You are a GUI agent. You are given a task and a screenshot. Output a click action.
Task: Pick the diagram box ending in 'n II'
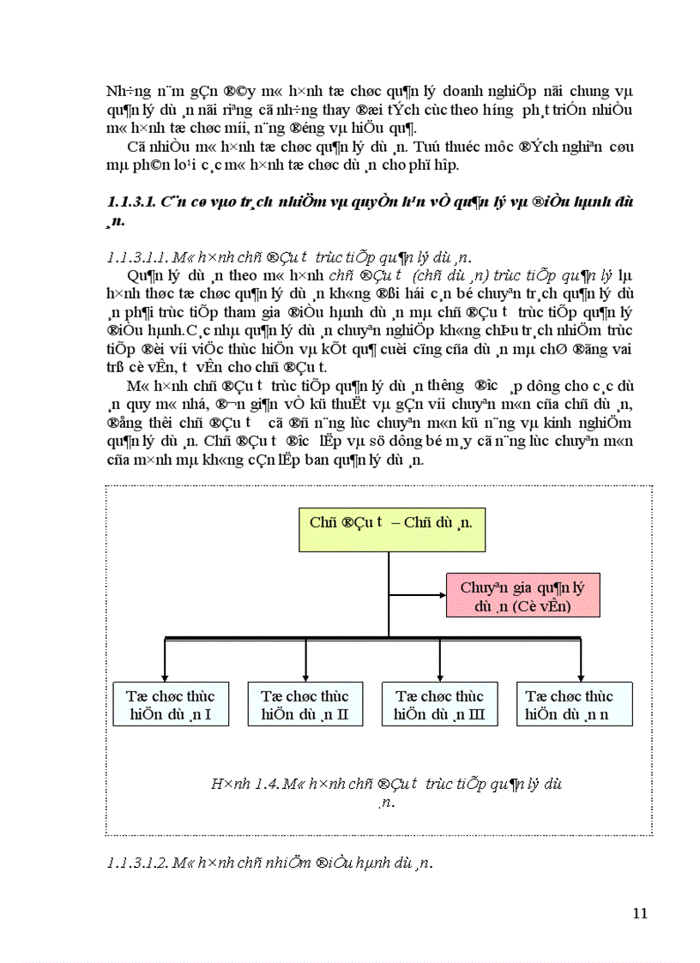click(x=305, y=705)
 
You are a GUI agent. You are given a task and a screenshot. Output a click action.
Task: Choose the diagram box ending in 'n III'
click(x=439, y=705)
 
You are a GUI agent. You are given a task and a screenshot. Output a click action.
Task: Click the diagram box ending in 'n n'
click(x=574, y=705)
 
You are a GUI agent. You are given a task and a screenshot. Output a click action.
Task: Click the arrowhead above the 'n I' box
click(x=164, y=676)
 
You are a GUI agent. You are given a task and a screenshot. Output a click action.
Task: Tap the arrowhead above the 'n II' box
click(x=305, y=676)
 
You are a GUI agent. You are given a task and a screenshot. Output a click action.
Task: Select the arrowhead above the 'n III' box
click(x=440, y=676)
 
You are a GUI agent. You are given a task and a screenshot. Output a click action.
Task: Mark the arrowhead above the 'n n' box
click(x=581, y=676)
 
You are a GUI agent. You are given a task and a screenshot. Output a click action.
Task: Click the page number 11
click(x=639, y=913)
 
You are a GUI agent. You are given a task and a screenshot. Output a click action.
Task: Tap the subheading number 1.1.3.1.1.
click(x=136, y=258)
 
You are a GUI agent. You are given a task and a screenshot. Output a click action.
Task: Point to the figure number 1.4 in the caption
click(x=273, y=783)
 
